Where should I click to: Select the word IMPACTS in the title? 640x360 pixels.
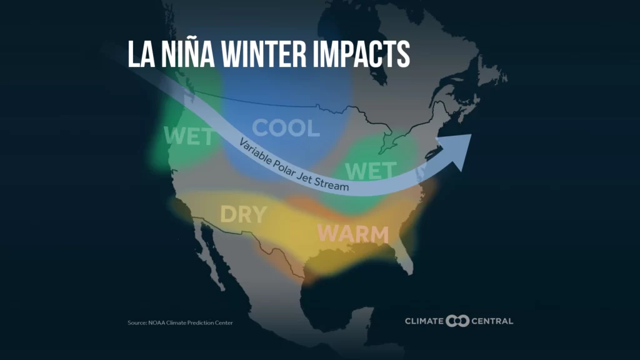[359, 54]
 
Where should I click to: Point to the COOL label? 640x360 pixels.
[286, 128]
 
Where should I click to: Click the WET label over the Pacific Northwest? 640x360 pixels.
[187, 136]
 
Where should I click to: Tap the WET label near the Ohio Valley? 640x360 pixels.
[370, 170]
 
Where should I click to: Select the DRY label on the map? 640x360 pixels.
[243, 214]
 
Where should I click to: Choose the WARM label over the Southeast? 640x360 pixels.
[352, 234]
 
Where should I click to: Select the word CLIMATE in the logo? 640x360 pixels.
[424, 321]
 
